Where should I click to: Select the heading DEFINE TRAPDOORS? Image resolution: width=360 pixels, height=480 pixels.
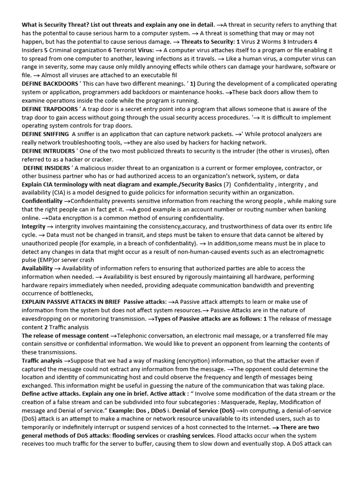click(49, 109)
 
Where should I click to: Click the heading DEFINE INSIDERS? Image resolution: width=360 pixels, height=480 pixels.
click(46, 168)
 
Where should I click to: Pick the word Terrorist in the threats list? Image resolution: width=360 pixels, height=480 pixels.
click(126, 49)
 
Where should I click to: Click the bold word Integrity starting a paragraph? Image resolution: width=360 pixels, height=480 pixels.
click(33, 226)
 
